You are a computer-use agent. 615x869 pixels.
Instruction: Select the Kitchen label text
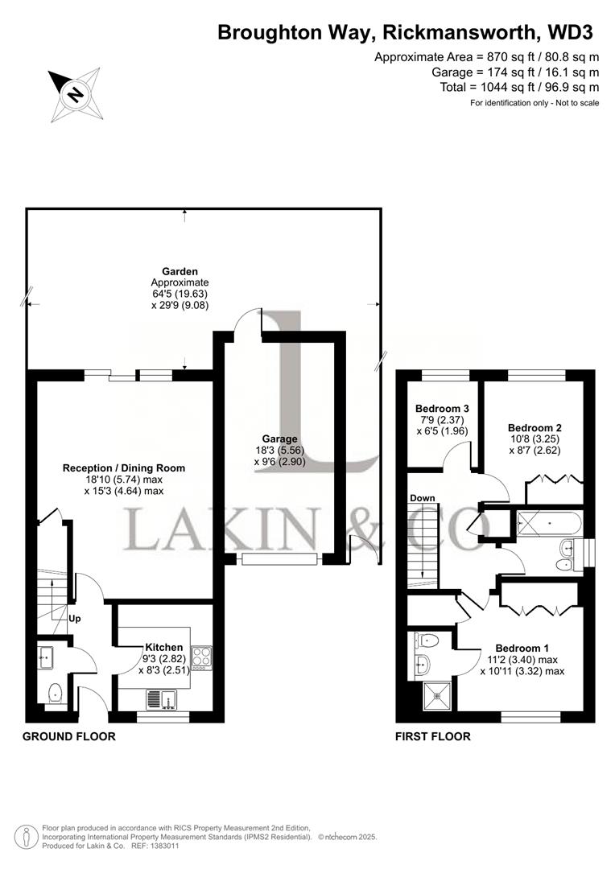point(164,647)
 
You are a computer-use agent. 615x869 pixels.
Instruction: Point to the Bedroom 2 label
point(535,427)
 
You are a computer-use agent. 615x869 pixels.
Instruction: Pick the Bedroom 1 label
point(522,649)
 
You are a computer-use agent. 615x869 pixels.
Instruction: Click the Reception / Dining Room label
point(124,467)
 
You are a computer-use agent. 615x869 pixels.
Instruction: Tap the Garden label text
point(179,271)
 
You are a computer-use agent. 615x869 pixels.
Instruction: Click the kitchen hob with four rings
point(201,657)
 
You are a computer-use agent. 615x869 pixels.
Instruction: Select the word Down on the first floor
point(422,498)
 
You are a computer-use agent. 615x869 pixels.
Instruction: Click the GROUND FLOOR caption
point(68,736)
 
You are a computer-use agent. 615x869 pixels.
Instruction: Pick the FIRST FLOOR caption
point(433,736)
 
